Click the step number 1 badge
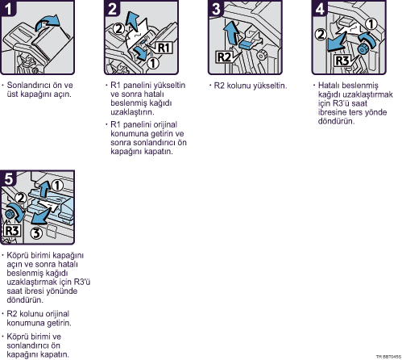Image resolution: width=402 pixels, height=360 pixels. pos(8,8)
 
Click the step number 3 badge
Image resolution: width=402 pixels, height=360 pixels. pos(216,9)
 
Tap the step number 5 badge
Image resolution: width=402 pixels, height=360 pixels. pos(9,178)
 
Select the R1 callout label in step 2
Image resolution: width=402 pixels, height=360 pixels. pos(164,48)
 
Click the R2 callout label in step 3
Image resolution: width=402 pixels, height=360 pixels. pos(224,57)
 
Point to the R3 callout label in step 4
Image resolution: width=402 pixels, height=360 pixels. pos(342,61)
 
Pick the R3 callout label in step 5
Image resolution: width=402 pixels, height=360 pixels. pos(12,231)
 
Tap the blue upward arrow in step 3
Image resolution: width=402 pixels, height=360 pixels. pos(231,32)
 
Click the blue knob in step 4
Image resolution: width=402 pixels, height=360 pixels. pos(363,49)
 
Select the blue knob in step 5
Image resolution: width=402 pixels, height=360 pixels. pos(10,215)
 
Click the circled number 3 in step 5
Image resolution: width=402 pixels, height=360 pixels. pos(36,233)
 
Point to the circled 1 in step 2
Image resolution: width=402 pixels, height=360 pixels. pos(153,64)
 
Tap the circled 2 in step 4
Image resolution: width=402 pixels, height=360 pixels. pos(320,35)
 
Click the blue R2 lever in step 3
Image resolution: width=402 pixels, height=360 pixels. pos(247,44)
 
